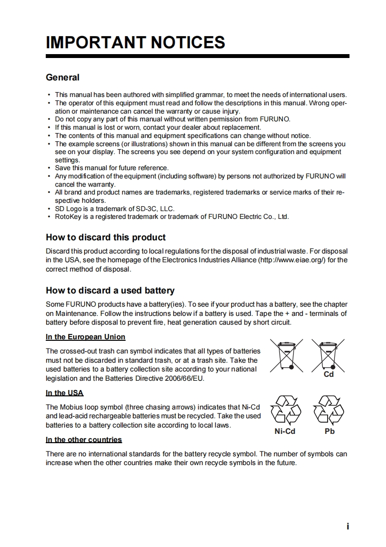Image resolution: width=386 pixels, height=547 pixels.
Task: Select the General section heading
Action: (62, 78)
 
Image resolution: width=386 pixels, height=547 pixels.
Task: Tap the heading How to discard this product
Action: (106, 237)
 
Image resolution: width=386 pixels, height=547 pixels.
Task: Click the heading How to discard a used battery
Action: (110, 291)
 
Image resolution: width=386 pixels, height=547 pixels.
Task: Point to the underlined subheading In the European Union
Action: (85, 337)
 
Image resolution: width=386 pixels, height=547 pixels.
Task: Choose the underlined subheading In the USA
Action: (64, 393)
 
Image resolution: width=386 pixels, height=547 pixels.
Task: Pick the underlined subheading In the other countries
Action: (84, 440)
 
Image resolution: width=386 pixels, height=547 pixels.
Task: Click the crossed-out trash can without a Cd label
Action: (287, 355)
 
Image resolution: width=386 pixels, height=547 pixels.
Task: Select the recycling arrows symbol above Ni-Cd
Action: (285, 410)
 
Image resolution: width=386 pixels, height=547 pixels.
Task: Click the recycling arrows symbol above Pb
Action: (329, 410)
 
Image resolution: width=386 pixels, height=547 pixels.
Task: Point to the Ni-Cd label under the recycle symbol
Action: (285, 431)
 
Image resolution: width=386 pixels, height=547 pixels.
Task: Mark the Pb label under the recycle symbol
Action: (330, 431)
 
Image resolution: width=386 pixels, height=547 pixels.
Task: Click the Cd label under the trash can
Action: (329, 374)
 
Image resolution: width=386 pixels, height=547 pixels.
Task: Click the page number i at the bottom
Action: (348, 527)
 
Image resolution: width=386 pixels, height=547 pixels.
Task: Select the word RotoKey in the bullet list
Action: (69, 216)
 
